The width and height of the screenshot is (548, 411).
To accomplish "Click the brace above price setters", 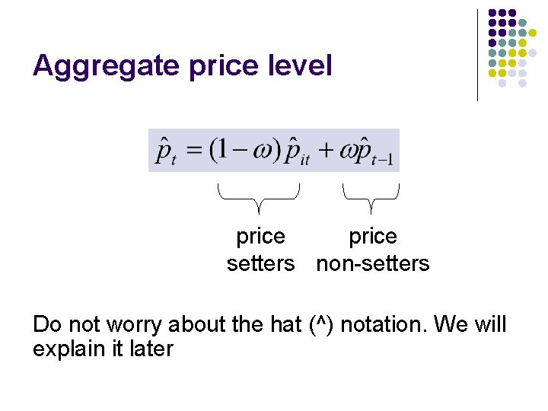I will (259, 196).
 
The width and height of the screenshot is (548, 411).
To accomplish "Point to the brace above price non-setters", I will (371, 196).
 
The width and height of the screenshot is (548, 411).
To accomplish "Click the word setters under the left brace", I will (260, 264).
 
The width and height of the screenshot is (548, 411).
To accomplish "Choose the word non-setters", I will (372, 264).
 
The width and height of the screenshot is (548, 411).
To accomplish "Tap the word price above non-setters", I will (372, 237).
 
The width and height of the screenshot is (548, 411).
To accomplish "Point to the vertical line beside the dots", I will (477, 55).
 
